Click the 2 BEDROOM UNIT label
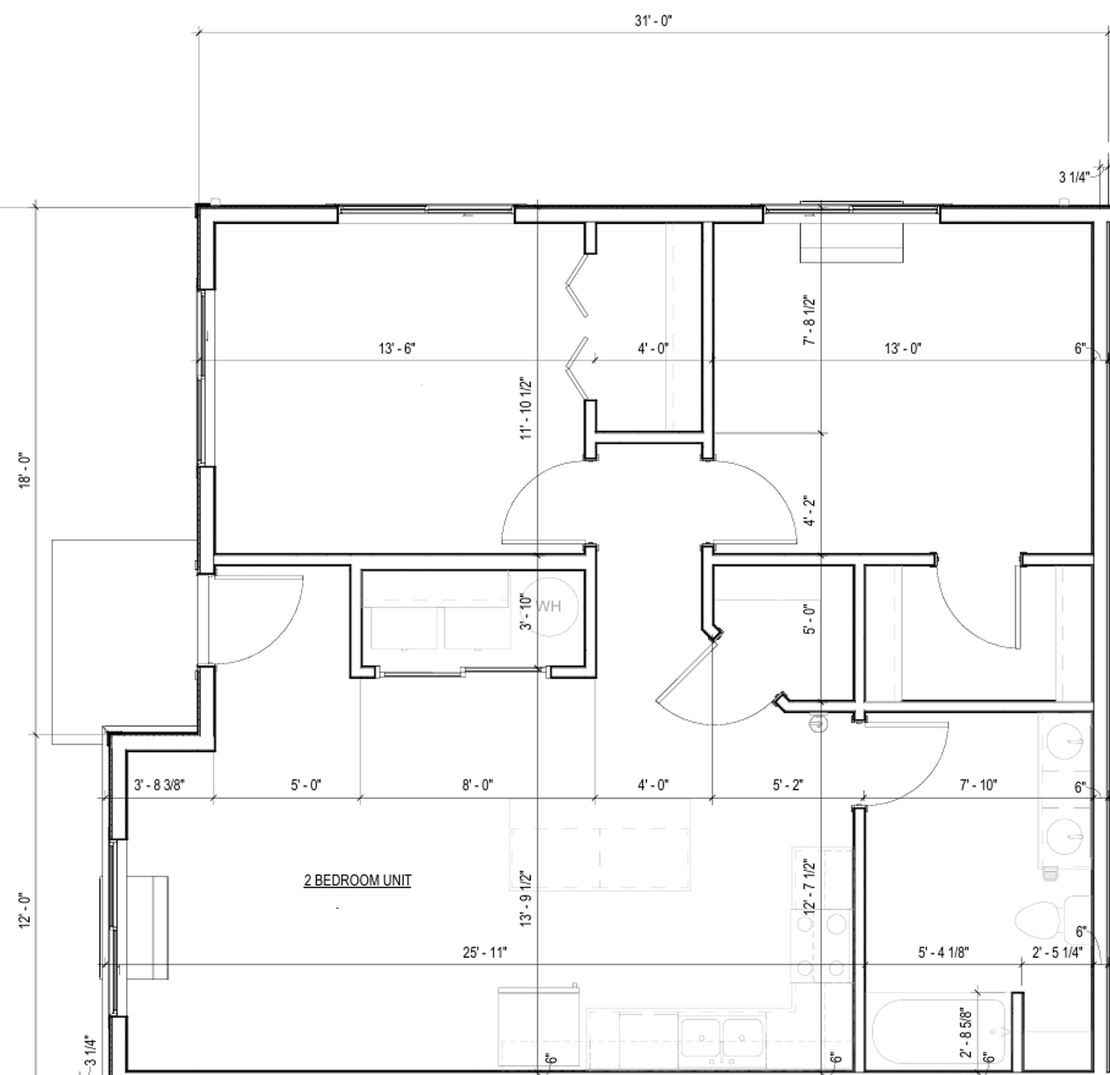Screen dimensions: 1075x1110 357,880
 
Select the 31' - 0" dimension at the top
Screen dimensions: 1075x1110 653,21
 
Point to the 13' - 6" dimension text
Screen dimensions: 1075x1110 397,349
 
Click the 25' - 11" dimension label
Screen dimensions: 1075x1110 484,952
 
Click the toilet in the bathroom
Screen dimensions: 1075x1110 1051,919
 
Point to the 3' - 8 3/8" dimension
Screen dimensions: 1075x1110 160,785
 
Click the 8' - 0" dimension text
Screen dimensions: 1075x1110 477,785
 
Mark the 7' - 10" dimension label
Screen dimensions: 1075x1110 978,785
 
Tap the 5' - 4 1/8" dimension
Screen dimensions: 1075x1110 943,952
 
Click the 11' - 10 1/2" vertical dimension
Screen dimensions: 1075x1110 526,409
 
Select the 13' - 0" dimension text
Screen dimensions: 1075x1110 902,349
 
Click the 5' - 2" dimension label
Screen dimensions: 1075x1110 787,785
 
